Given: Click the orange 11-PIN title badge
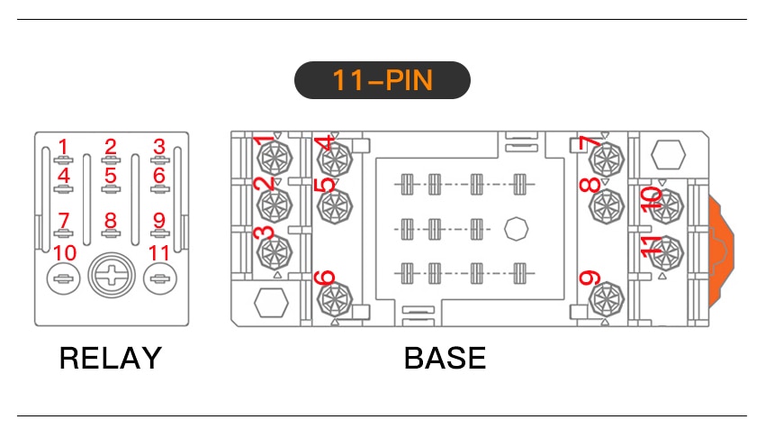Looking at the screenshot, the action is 382,80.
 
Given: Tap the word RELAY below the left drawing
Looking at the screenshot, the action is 111,358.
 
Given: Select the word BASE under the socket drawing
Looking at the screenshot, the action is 445,358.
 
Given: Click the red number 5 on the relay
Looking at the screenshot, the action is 111,176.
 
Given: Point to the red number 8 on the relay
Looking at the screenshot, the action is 111,220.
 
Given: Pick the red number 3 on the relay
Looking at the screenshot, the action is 159,147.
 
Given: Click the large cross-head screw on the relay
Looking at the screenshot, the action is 112,275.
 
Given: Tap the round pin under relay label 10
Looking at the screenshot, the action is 63,278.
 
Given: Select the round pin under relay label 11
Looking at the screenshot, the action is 160,278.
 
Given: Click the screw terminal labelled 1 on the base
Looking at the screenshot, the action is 274,159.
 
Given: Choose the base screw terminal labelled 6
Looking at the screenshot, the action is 335,299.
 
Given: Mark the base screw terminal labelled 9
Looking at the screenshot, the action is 607,299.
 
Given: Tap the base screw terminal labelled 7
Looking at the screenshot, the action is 607,159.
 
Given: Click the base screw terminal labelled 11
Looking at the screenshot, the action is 666,253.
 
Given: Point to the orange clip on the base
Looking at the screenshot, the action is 721,252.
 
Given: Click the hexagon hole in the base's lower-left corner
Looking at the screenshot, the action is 271,303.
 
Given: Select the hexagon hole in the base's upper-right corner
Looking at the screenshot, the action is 668,155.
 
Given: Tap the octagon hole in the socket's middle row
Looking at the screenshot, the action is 517,229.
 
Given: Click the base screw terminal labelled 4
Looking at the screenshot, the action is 335,160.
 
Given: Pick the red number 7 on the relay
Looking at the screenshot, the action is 63,220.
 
